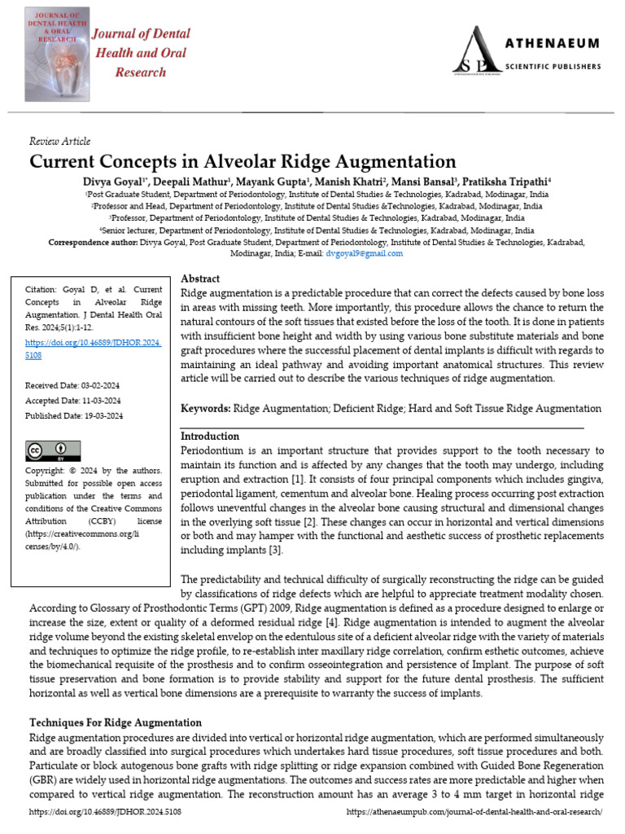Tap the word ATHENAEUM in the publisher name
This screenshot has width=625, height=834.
click(x=553, y=43)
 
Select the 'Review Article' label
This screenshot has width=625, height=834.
click(x=59, y=142)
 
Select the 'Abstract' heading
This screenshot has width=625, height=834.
click(x=199, y=279)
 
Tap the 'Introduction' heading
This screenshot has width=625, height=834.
click(x=210, y=436)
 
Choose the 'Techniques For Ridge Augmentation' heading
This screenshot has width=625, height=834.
click(x=116, y=722)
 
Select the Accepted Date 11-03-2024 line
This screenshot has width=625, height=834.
click(x=73, y=400)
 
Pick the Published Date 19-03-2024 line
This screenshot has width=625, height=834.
click(x=74, y=415)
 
